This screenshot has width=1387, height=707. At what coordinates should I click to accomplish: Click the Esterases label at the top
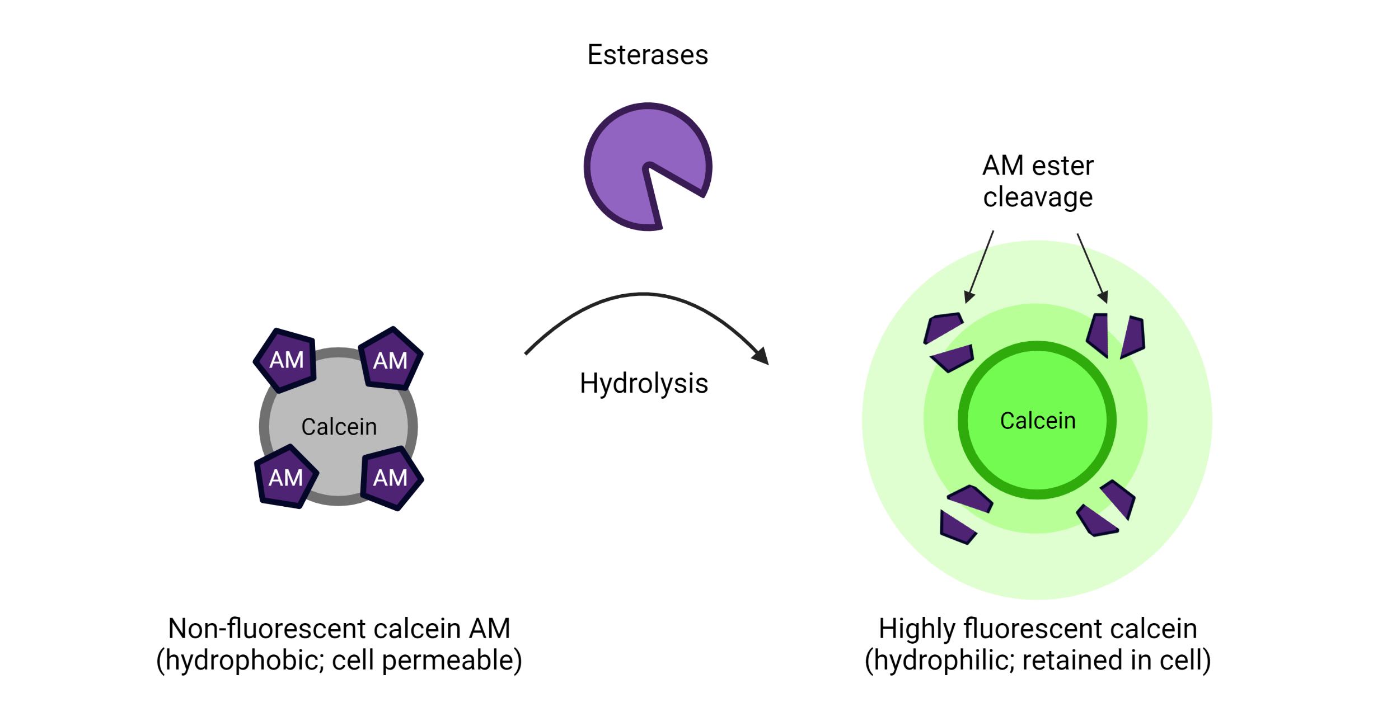coord(648,55)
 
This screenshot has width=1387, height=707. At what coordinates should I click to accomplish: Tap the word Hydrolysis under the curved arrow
coord(644,384)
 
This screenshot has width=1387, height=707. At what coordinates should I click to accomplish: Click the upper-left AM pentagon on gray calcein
coord(286,360)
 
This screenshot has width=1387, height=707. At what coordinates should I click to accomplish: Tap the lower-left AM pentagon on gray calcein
coord(285,478)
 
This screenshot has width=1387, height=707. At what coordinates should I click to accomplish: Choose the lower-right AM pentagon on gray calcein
coord(391,478)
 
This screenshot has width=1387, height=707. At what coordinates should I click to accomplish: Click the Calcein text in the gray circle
coord(339,427)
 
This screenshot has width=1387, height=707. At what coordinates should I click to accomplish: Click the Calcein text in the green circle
coord(1038,421)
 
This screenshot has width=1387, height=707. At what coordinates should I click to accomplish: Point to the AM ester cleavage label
coord(1038,181)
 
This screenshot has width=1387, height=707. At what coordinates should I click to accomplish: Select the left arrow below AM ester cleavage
coord(980,267)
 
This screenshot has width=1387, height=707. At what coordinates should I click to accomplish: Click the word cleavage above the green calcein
coord(1038,197)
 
